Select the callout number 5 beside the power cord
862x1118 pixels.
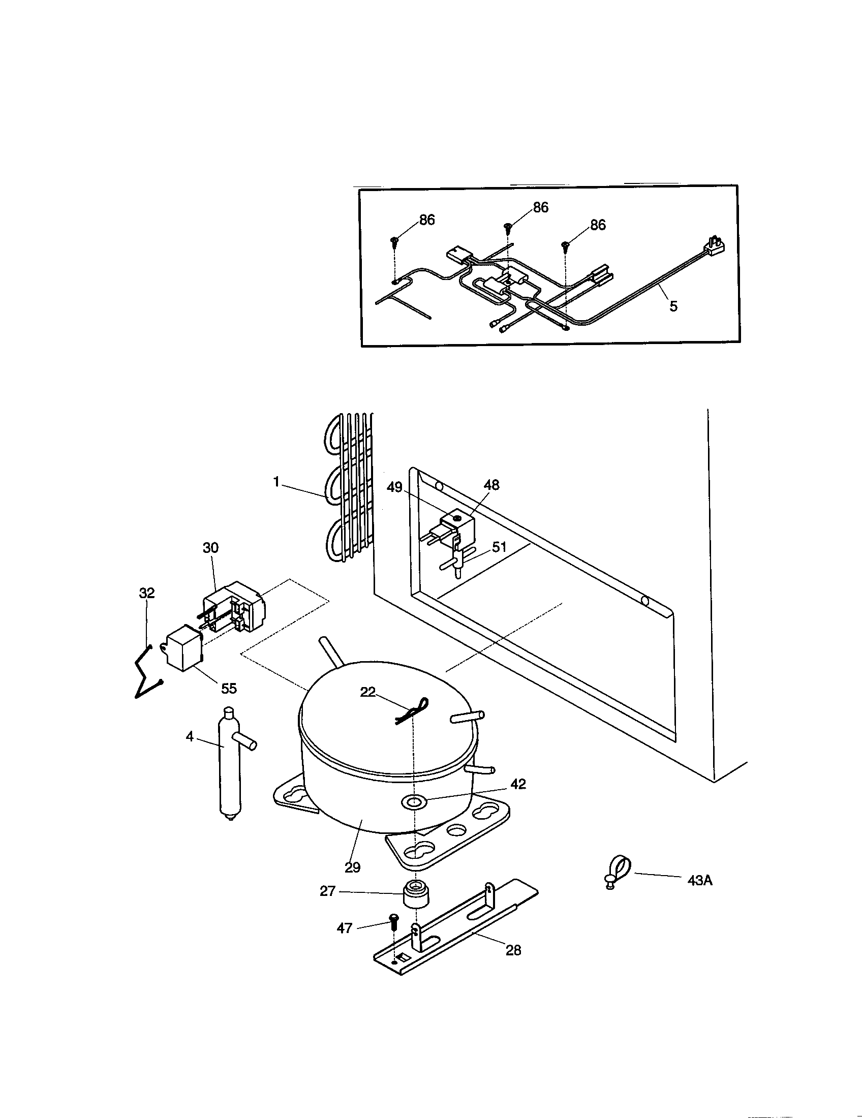(673, 306)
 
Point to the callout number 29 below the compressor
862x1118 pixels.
(352, 867)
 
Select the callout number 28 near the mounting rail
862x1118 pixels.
(513, 950)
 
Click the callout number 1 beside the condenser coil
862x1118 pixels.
(276, 482)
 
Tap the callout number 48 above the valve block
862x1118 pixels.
(491, 485)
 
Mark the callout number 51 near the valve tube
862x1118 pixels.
(499, 547)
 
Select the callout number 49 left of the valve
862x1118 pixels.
(394, 487)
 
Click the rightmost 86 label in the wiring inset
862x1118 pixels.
(598, 225)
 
